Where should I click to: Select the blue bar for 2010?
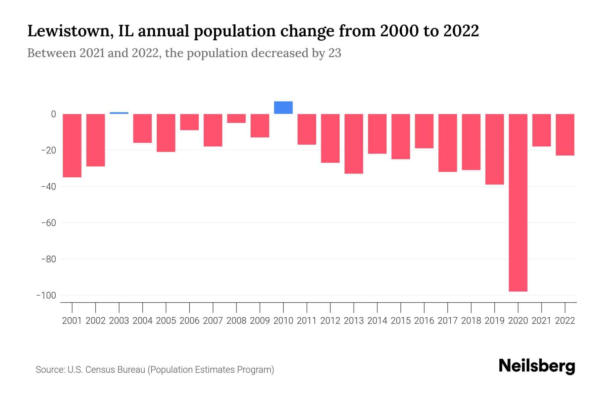coord(283,107)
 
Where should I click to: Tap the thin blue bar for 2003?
coord(119,113)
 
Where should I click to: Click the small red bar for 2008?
coord(236,118)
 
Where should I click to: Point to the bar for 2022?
coord(565,135)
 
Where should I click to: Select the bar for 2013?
coord(354,144)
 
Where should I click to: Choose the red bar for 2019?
coord(494,149)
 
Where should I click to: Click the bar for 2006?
coord(189,122)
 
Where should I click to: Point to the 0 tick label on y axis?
coord(53,114)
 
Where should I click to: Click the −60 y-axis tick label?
coord(48,223)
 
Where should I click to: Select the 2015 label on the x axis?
coord(401,321)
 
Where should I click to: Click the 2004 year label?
coord(143,321)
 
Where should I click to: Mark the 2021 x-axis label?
coord(541,321)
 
